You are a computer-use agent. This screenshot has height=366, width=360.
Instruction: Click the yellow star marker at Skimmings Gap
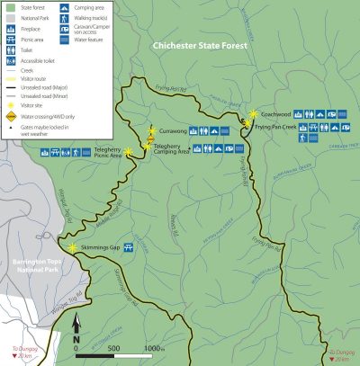[72, 246]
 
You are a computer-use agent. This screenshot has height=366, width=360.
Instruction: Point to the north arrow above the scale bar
[77, 319]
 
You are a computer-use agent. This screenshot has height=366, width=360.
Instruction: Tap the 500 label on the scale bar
[114, 347]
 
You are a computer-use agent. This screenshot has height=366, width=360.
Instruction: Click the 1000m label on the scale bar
[154, 347]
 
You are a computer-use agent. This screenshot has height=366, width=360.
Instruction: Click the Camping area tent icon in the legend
[65, 6]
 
